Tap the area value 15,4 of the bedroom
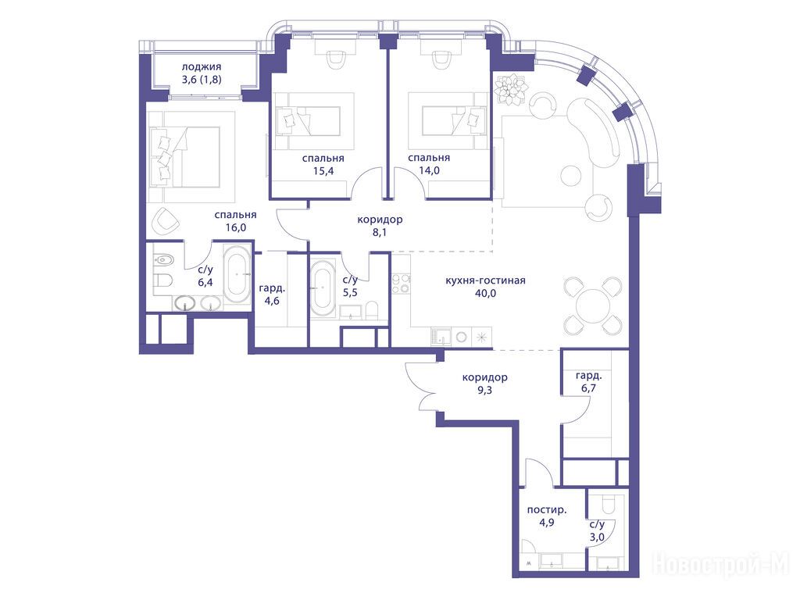[323, 171]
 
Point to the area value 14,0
[429, 170]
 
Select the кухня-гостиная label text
[485, 280]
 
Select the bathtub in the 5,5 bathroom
[323, 287]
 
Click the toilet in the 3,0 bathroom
[609, 503]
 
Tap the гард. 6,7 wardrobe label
[588, 381]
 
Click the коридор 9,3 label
[484, 384]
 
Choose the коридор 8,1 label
[380, 226]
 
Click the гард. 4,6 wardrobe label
[272, 295]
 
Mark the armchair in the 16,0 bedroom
[166, 221]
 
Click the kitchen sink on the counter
[441, 337]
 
